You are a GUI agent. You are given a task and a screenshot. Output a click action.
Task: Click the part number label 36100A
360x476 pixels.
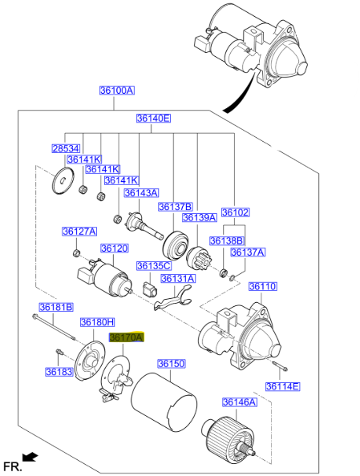pyautogui.click(x=116, y=91)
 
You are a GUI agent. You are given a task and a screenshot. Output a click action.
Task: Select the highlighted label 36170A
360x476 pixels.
pyautogui.click(x=126, y=338)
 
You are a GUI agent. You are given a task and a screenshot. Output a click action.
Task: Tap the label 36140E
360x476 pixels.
pyautogui.click(x=152, y=119)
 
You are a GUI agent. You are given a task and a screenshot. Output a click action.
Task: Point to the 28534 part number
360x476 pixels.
pyautogui.click(x=66, y=149)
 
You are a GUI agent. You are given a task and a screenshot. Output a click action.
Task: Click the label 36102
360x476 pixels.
pyautogui.click(x=235, y=212)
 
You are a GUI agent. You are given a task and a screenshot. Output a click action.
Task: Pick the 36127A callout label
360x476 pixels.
pyautogui.click(x=79, y=232)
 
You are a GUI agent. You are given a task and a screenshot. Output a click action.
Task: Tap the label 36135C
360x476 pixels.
pyautogui.click(x=153, y=265)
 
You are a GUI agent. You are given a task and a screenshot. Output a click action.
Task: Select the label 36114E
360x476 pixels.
pyautogui.click(x=282, y=387)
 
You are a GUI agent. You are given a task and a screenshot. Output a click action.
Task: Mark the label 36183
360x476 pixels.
pyautogui.click(x=59, y=372)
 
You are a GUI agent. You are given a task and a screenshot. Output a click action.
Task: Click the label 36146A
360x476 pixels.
pyautogui.click(x=239, y=401)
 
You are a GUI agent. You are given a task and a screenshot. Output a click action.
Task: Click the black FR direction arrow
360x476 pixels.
pyautogui.click(x=30, y=457)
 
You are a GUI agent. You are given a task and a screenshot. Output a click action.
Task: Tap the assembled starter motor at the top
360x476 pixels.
pyautogui.click(x=256, y=48)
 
